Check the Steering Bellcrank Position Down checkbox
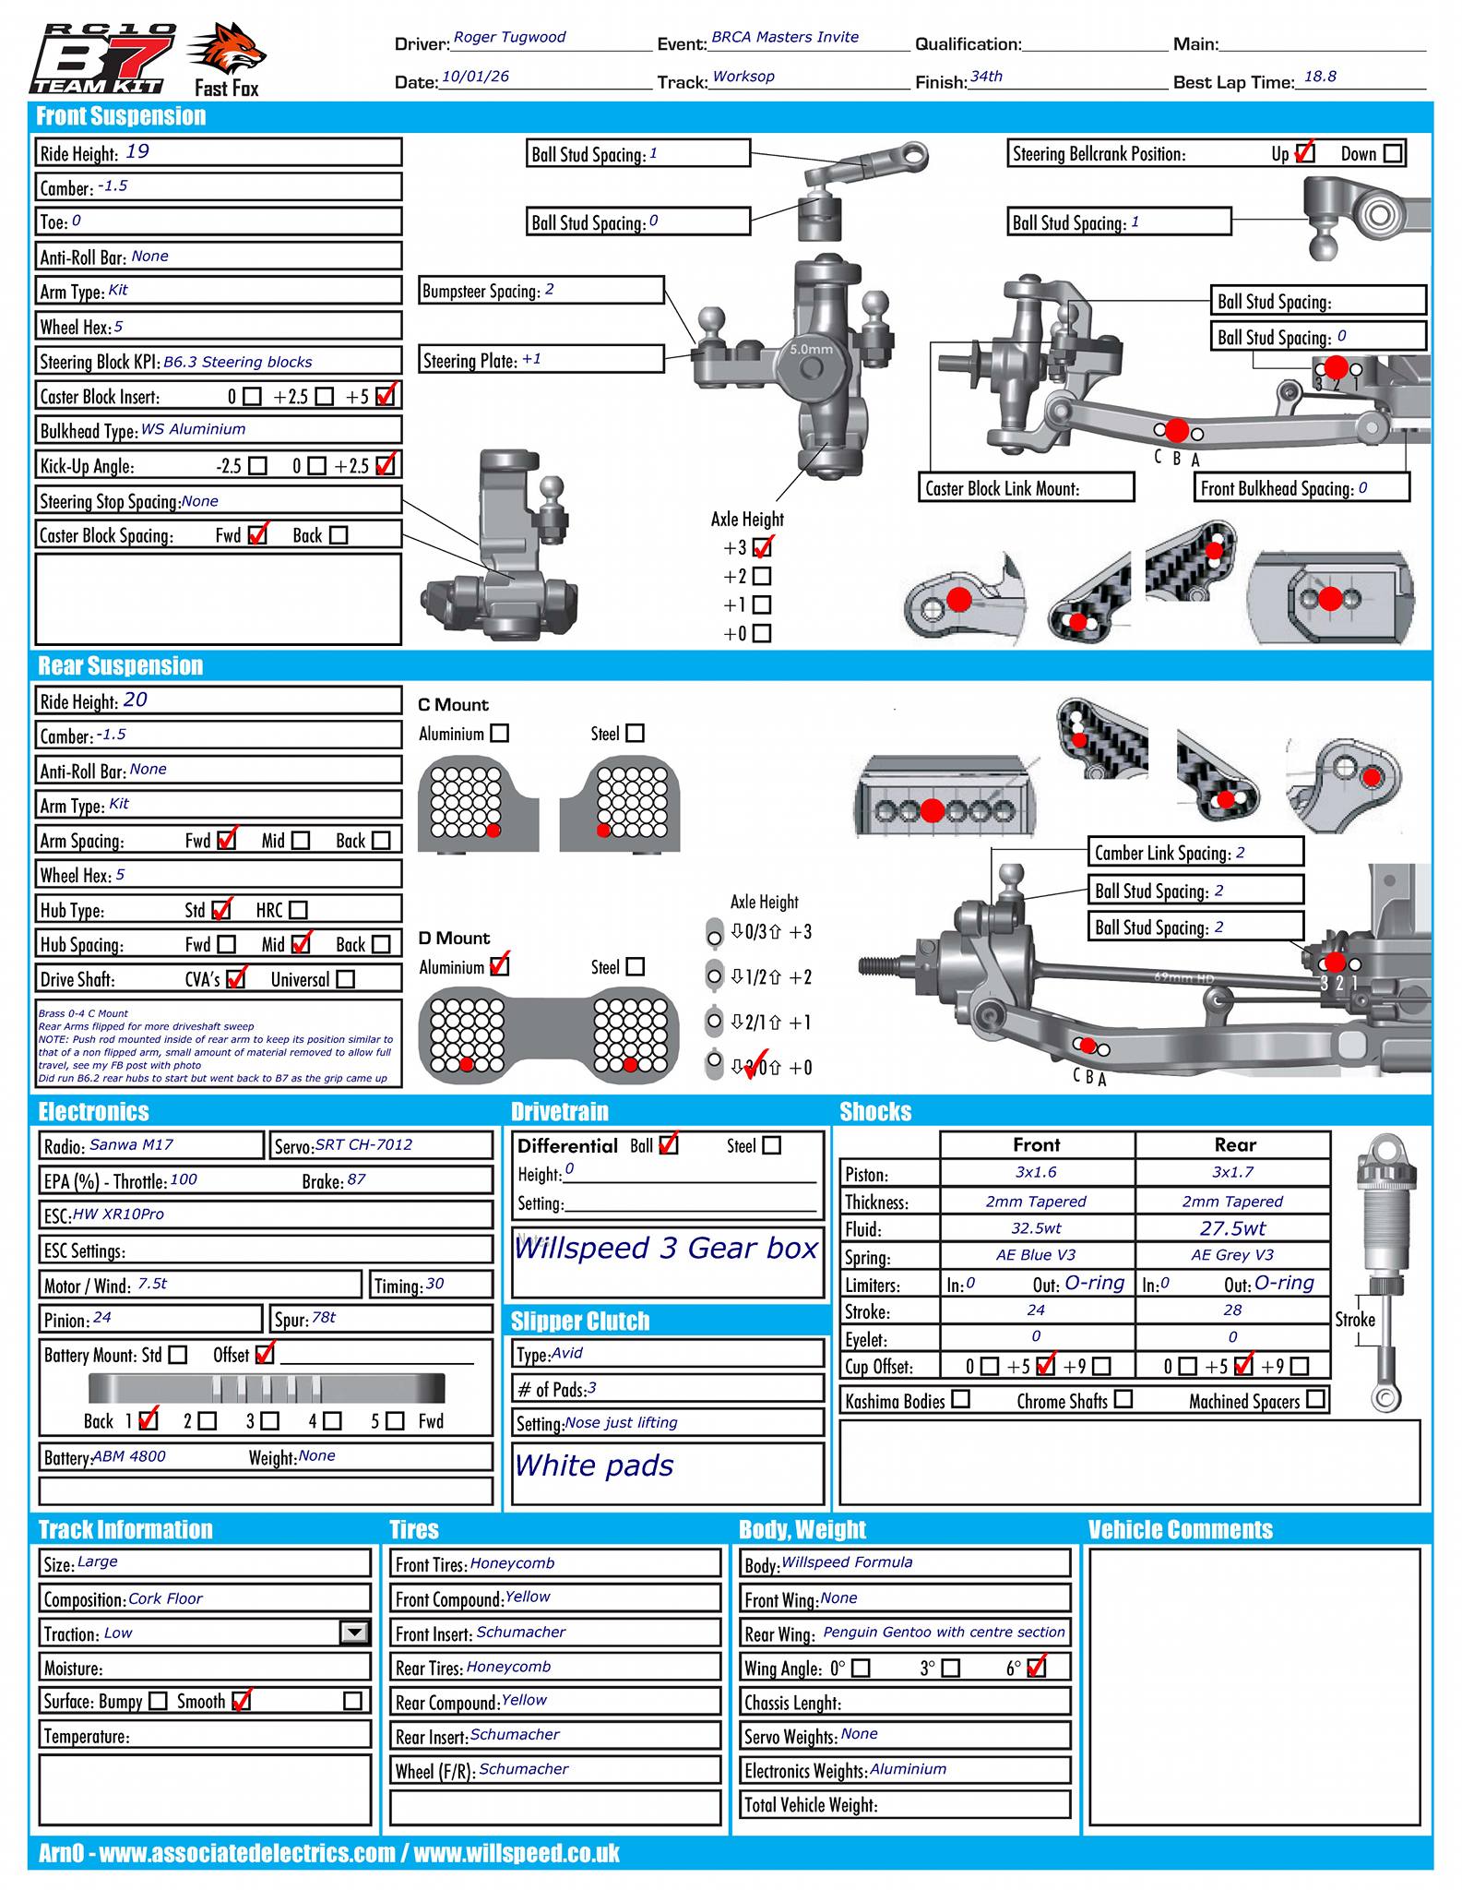click(x=1393, y=153)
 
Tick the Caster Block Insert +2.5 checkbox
click(x=324, y=397)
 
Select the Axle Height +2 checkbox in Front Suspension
click(x=762, y=577)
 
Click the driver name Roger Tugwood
click(x=509, y=38)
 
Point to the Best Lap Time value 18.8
click(x=1320, y=78)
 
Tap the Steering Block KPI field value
click(x=238, y=363)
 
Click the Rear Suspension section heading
click(x=120, y=666)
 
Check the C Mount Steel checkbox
click(x=635, y=734)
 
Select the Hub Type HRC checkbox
click(x=298, y=910)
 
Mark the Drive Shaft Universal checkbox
click(x=346, y=979)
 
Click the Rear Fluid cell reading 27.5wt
click(x=1232, y=1228)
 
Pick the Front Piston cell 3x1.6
click(x=1036, y=1173)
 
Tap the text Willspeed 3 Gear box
click(x=666, y=1249)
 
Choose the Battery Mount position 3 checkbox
click(x=269, y=1421)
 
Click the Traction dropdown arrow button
click(x=354, y=1633)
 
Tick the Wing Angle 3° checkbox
click(x=950, y=1669)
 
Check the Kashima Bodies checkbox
click(x=961, y=1399)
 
